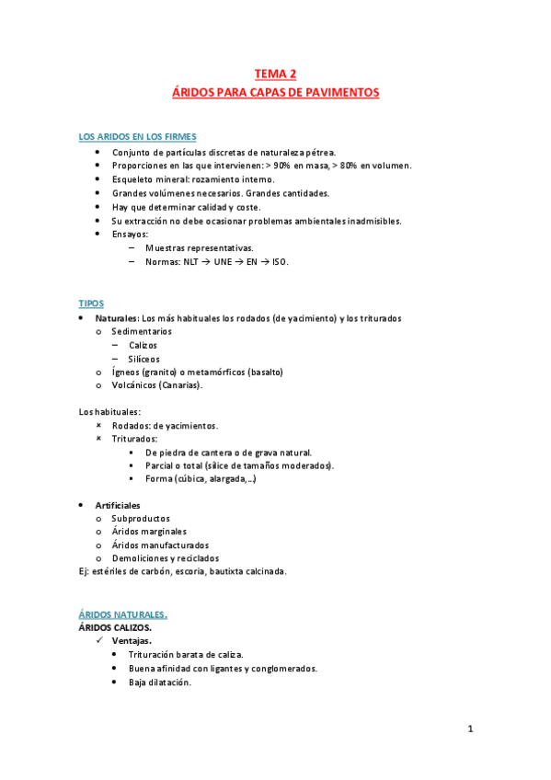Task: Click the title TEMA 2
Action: pos(275,75)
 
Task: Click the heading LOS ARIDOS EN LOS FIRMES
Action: pos(137,137)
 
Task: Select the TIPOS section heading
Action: pos(92,303)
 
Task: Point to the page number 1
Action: pos(469,729)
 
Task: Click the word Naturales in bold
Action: pos(116,317)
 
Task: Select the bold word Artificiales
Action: pos(118,506)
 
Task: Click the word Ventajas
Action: pos(132,640)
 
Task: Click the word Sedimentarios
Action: pos(141,331)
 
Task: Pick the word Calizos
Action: pos(143,345)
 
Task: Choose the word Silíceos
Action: pos(144,359)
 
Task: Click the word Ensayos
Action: pos(130,235)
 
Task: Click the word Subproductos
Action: pos(141,519)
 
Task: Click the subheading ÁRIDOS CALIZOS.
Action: pos(115,626)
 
